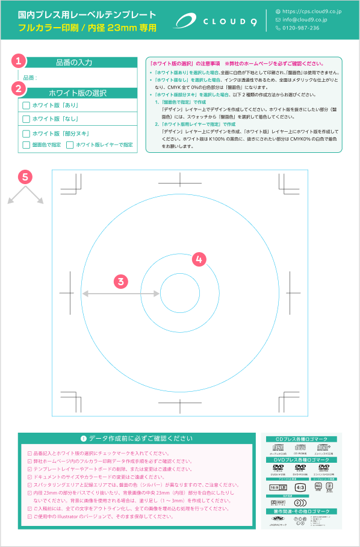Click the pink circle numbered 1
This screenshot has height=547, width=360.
19,61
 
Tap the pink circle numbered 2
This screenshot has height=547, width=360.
19,88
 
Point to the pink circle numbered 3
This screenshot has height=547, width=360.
121,280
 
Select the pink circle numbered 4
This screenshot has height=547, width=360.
199,259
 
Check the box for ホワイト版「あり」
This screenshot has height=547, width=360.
26,105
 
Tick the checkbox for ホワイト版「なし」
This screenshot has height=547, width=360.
26,119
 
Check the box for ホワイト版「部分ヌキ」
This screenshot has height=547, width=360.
26,134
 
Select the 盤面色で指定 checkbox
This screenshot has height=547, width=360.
26,145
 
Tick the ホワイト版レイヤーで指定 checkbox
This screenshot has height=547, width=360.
70,145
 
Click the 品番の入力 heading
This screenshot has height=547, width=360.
75,63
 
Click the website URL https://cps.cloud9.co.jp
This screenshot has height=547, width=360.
312,11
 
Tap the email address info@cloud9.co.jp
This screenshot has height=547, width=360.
305,19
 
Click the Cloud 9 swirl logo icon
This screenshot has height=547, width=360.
188,21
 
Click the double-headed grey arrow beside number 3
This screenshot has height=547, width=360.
103,293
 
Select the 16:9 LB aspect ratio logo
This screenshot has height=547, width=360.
274,486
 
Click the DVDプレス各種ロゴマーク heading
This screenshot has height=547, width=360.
302,460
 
